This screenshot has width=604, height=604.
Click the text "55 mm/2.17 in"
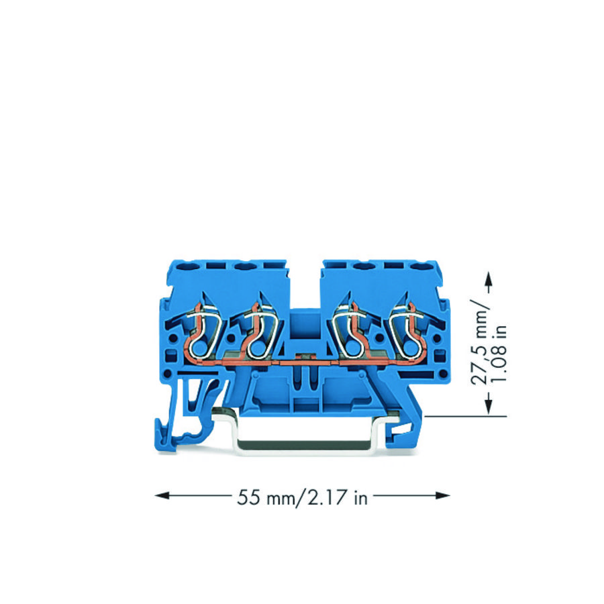(302, 497)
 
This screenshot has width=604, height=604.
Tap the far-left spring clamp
(201, 330)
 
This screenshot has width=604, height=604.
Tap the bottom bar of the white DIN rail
(302, 451)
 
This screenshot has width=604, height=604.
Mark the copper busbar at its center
(302, 362)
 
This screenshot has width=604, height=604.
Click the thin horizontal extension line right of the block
(463, 416)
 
